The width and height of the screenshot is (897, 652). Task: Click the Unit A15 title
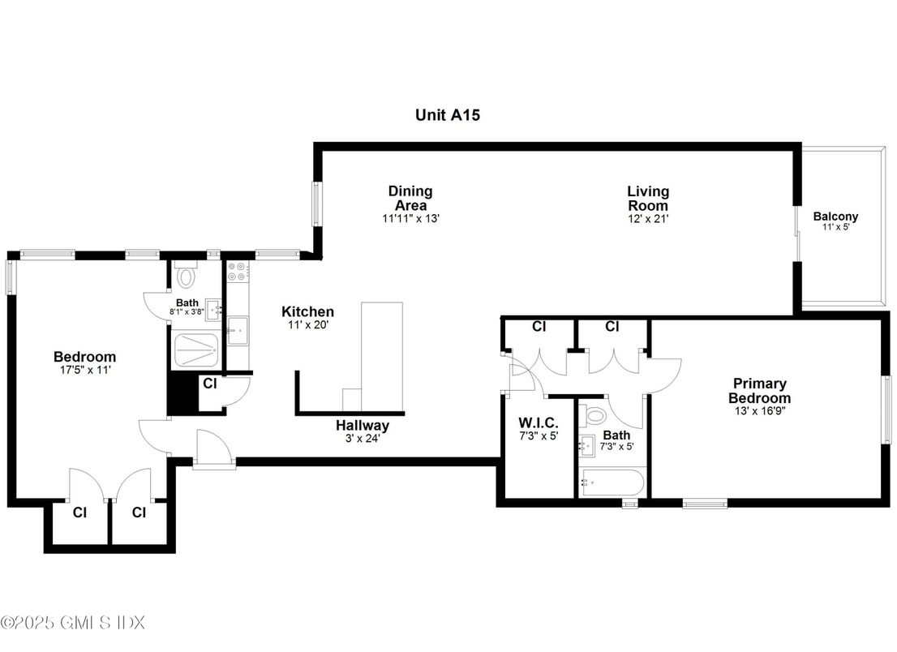point(448,115)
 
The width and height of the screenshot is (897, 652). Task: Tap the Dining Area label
point(410,198)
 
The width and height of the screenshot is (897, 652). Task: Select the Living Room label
point(648,198)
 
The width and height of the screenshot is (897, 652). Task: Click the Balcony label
point(835,217)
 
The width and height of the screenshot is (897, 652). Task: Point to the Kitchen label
point(307,311)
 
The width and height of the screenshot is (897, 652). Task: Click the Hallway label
point(363,425)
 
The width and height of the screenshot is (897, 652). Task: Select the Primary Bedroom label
point(759,390)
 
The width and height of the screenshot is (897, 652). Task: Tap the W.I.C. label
point(539,423)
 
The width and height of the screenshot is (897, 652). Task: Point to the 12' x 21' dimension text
point(648,218)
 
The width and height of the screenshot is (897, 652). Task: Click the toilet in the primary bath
point(595,416)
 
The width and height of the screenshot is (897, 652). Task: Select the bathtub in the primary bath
point(613,484)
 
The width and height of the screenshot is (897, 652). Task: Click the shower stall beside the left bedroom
point(196,350)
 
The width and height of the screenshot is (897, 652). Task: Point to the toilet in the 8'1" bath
point(187,277)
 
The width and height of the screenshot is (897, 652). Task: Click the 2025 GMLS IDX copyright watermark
point(72,623)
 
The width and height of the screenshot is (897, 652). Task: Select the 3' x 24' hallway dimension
point(363,439)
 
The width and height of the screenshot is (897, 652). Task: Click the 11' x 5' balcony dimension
point(835,228)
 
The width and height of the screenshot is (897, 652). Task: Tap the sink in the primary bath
point(586,445)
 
